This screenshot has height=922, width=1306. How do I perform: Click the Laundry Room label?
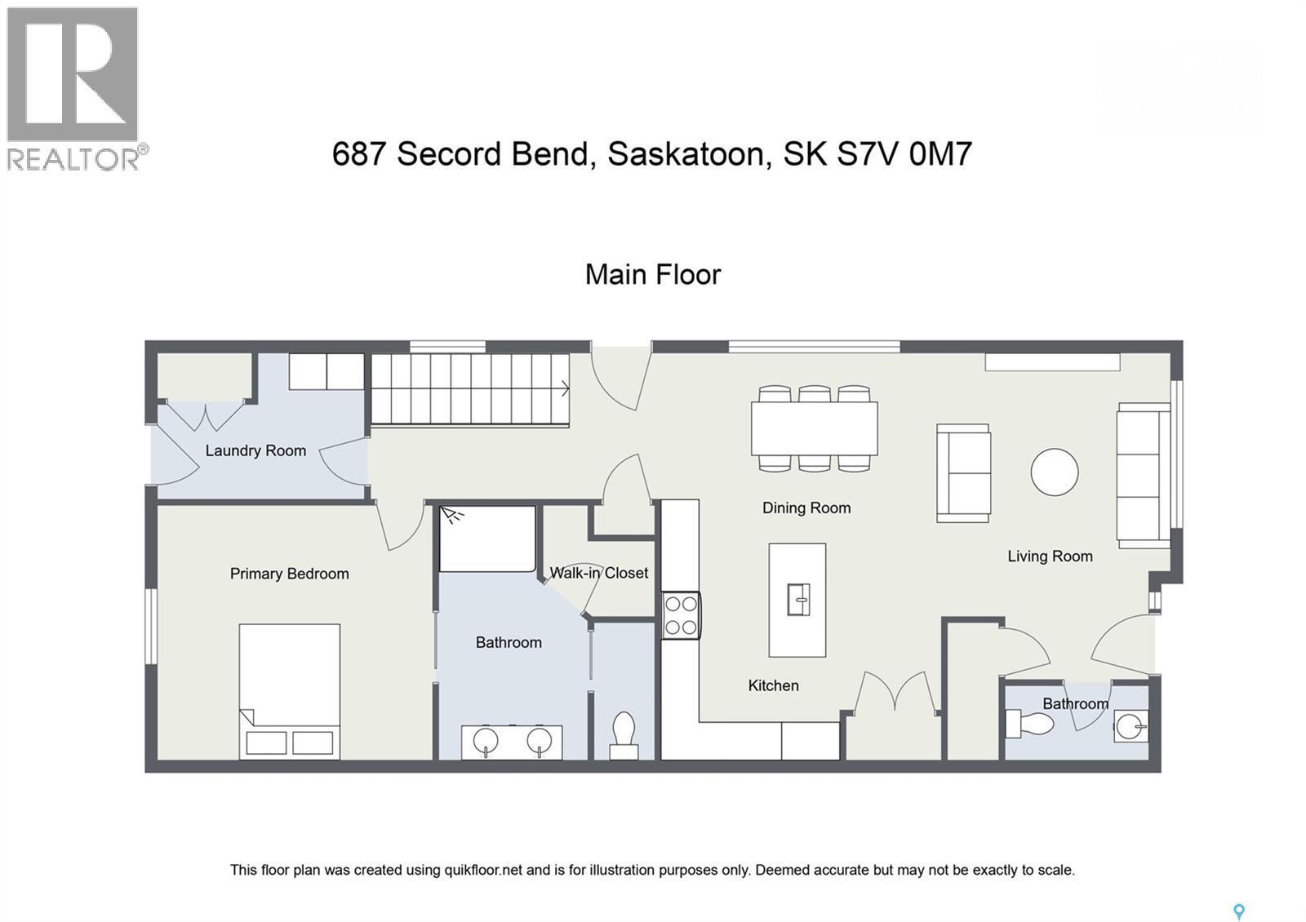(255, 450)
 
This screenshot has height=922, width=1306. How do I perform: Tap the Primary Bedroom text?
(289, 574)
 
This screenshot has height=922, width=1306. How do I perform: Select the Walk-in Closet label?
(598, 573)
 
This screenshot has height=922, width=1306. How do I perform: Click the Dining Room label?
(806, 508)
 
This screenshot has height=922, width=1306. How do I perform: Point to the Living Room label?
(1050, 556)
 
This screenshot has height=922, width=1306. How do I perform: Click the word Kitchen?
(773, 685)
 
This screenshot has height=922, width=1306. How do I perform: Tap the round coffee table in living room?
(1054, 472)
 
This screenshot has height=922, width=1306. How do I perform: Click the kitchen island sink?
(797, 600)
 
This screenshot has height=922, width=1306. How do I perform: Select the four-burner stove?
(681, 615)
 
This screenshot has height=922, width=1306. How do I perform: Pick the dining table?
(814, 428)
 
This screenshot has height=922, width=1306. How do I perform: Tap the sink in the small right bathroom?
(1131, 725)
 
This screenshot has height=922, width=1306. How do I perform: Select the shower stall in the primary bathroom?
(487, 539)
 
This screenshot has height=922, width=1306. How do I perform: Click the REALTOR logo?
(76, 88)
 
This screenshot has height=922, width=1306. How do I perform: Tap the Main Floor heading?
(652, 274)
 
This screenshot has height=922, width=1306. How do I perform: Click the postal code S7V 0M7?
(904, 153)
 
